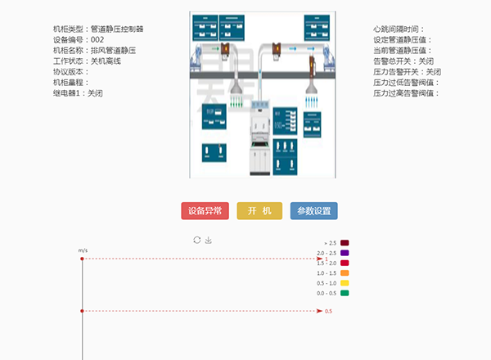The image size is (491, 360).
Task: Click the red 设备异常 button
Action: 205,211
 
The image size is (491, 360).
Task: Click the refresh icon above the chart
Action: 196,240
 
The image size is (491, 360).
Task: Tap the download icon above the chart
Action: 209,240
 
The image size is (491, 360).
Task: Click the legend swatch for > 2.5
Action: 345,243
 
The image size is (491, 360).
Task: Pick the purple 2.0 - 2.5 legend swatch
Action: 345,253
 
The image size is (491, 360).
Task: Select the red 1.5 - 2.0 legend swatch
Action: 345,263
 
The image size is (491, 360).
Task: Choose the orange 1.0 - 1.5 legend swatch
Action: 345,272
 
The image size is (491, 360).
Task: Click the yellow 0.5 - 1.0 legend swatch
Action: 345,282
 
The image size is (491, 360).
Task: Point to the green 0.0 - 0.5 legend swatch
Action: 345,292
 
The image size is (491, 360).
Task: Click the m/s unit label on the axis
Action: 83,250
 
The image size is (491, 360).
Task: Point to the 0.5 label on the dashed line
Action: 329,311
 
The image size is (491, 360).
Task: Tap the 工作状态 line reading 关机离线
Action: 87,61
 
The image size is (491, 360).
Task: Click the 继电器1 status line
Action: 78,92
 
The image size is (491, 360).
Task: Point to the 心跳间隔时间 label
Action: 399,29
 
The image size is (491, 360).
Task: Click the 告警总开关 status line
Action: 403,61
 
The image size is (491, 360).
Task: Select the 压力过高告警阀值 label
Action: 405,92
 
